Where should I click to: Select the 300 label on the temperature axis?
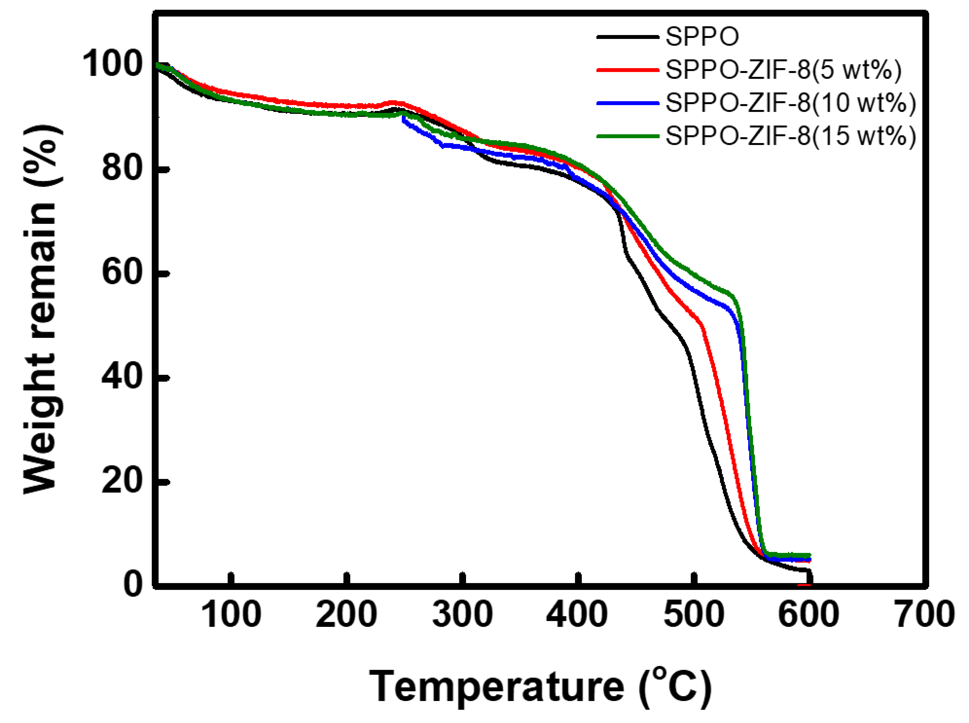point(462,614)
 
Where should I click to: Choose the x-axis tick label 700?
point(924,614)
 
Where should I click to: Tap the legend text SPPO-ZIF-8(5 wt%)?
point(783,70)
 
